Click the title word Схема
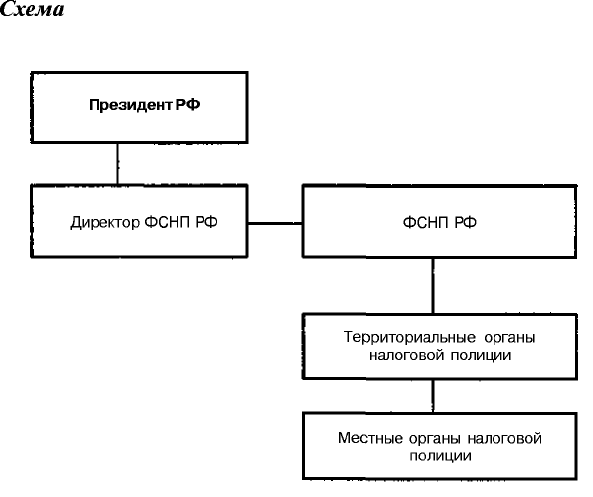tap(32, 9)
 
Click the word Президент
tap(130, 105)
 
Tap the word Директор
tap(104, 222)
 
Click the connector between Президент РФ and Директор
tap(118, 164)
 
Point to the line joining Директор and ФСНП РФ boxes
tap(276, 224)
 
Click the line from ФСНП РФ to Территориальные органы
tap(433, 286)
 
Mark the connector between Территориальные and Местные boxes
tap(434, 396)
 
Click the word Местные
tap(370, 438)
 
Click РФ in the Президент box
tap(188, 105)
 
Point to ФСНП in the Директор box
tap(167, 222)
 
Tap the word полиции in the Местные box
tap(440, 456)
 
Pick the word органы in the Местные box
tap(435, 439)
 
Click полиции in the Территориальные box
tap(481, 356)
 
